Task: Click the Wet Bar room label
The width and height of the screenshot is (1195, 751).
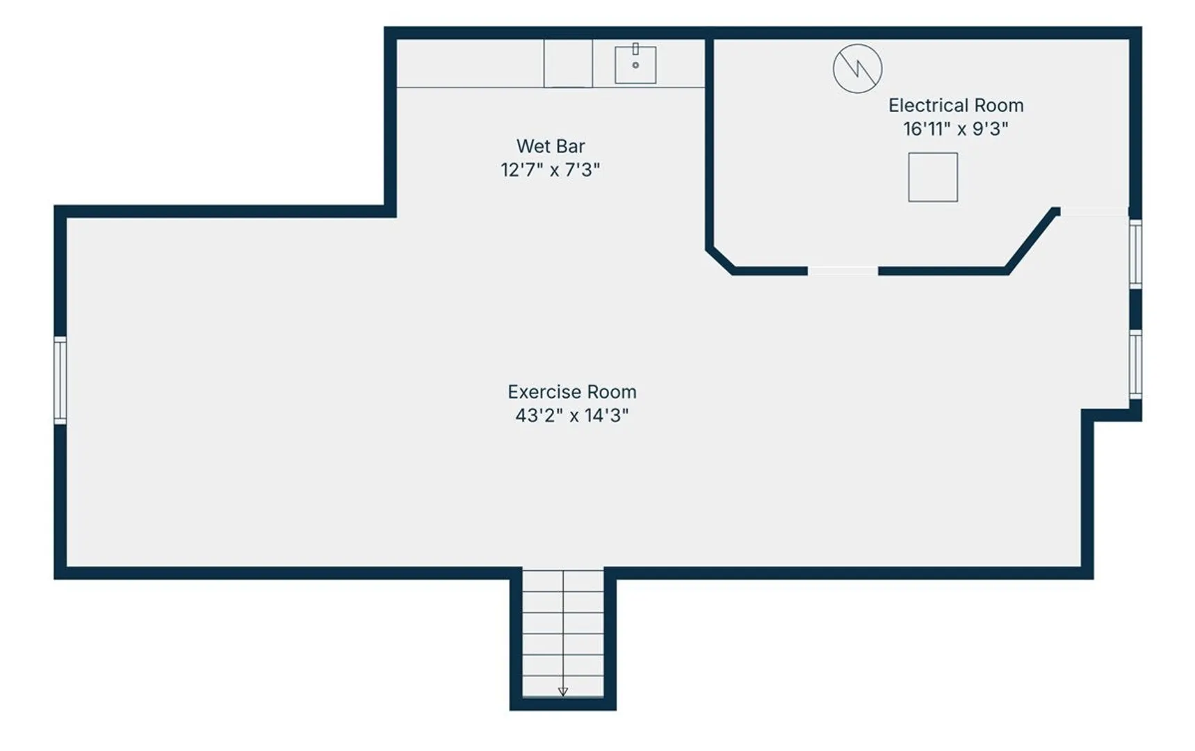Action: tap(551, 146)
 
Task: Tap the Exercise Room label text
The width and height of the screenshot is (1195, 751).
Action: tap(572, 391)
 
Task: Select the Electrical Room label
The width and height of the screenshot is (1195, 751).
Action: tap(956, 105)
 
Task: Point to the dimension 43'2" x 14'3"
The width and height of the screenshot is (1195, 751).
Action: tap(572, 415)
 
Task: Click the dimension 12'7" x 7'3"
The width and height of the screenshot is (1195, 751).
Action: tap(551, 170)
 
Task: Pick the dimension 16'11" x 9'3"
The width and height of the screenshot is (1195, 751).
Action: tap(956, 129)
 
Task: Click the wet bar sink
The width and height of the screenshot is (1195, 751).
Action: tap(635, 65)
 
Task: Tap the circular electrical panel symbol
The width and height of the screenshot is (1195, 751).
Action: tap(858, 68)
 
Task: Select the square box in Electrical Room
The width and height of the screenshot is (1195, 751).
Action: tap(933, 177)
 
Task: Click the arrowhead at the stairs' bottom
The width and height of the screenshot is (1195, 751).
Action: tap(563, 692)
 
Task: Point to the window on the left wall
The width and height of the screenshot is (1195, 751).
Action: tap(60, 380)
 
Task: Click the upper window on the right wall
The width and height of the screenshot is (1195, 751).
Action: tap(1135, 254)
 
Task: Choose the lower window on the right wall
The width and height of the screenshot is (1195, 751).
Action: tap(1135, 364)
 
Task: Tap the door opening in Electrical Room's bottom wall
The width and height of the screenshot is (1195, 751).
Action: tap(843, 271)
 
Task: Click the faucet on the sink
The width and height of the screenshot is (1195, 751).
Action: tap(635, 49)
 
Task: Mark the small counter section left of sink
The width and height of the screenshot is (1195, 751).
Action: tap(568, 63)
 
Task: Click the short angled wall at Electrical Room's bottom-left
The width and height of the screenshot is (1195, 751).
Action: tap(720, 260)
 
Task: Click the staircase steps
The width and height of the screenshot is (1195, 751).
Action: tap(563, 633)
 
